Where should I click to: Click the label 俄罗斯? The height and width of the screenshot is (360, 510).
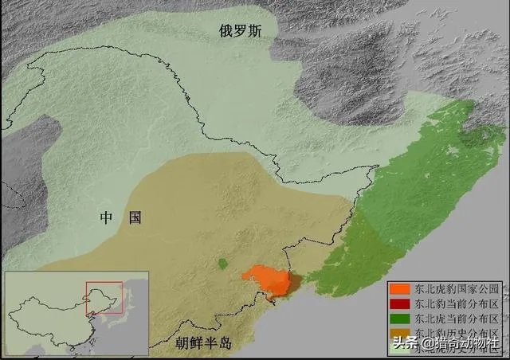tap(245, 30)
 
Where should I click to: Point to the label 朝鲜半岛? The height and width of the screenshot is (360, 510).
tap(203, 343)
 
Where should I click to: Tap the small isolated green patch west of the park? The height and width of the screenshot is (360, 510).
tap(222, 263)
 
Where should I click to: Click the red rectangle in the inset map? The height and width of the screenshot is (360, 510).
tap(104, 297)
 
